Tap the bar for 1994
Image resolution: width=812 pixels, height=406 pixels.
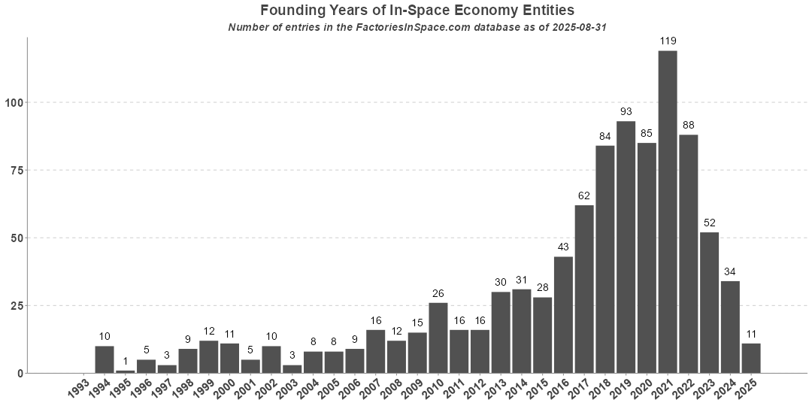click(105, 359)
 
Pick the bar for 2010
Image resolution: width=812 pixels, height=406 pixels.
click(438, 338)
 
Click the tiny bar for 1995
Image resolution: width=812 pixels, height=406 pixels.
click(126, 371)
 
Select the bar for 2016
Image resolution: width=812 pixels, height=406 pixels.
click(563, 314)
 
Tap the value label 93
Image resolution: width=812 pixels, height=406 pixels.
click(626, 111)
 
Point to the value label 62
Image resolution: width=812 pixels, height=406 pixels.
click(584, 195)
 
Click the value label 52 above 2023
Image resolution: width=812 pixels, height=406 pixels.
click(709, 223)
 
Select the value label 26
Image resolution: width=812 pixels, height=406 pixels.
click(438, 293)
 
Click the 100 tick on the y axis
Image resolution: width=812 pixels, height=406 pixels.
click(15, 102)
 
